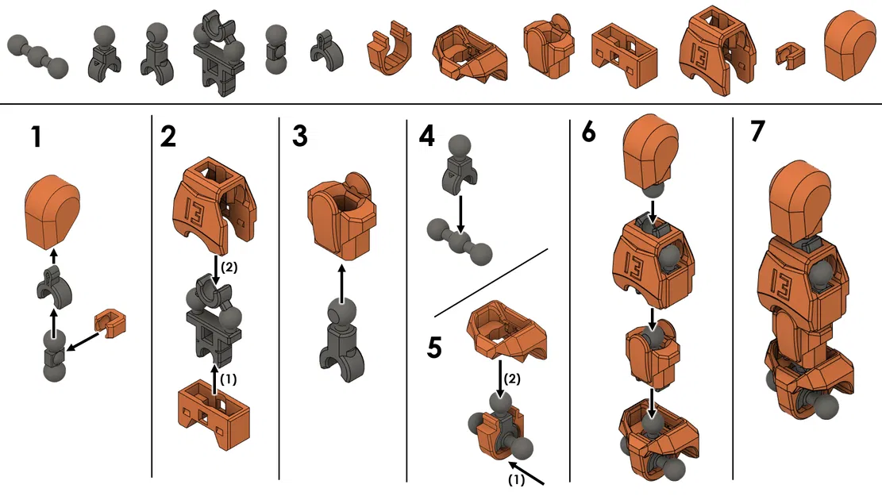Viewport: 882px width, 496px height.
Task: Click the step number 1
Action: (x=37, y=137)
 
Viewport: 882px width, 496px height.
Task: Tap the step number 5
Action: (x=435, y=347)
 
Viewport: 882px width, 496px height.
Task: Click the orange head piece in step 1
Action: (x=53, y=212)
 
